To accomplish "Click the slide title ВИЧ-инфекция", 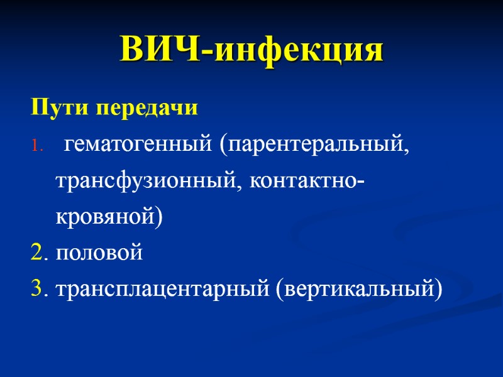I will point(251,51).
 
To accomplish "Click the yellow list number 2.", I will point(36,253).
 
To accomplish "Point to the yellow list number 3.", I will point(36,290).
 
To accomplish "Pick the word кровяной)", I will point(109,217).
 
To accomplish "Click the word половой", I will point(99,253).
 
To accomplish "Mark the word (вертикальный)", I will point(358,290).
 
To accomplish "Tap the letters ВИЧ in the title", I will point(160,51).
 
